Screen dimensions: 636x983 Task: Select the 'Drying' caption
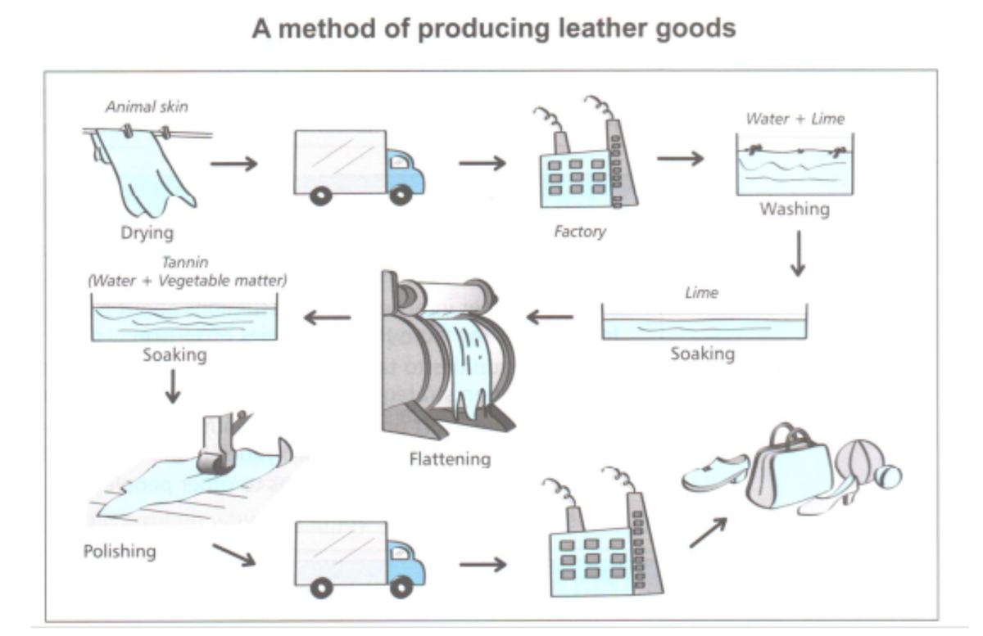coord(147,233)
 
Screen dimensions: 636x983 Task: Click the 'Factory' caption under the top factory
coord(579,232)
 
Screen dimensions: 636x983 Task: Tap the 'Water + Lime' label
coord(795,119)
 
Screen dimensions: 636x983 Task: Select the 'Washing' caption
coord(795,210)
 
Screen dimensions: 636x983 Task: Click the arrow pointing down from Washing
coord(799,255)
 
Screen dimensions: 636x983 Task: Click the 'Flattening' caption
coord(450,458)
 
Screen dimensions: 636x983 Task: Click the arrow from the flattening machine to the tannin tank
coord(327,318)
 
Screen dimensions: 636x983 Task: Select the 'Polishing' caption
coord(120,551)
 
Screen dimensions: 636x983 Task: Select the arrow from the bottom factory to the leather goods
coord(708,532)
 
